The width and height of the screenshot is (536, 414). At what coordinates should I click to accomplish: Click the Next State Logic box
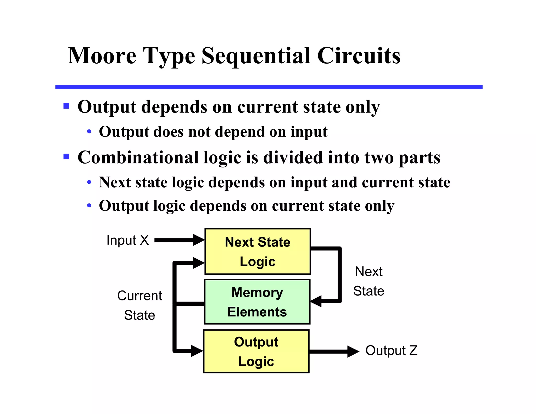(x=258, y=251)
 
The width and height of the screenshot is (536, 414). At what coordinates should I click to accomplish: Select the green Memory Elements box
(x=257, y=302)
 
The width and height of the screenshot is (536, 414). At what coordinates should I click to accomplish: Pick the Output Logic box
(x=256, y=351)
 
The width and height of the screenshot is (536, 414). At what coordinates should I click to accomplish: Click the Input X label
(x=127, y=240)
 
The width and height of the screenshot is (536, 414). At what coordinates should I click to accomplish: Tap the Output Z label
(x=391, y=350)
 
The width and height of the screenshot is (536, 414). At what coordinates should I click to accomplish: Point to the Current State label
(x=139, y=305)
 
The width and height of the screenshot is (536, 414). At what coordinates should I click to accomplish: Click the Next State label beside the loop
(x=368, y=281)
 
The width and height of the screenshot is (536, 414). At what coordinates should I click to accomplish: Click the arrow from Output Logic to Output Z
(x=334, y=351)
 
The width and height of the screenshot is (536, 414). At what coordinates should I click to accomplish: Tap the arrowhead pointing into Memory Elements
(x=316, y=301)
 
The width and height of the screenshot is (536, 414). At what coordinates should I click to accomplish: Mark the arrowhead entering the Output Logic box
(x=197, y=351)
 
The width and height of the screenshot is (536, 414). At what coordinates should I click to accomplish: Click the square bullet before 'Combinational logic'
(x=66, y=157)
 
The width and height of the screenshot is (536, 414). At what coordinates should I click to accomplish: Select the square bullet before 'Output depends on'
(x=66, y=106)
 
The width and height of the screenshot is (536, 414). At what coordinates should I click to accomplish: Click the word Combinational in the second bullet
(x=138, y=158)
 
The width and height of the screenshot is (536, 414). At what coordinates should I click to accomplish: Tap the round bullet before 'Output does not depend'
(x=89, y=132)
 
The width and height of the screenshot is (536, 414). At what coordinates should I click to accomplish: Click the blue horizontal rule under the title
(x=269, y=87)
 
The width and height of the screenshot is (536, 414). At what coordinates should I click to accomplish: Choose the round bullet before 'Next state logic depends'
(x=89, y=182)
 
